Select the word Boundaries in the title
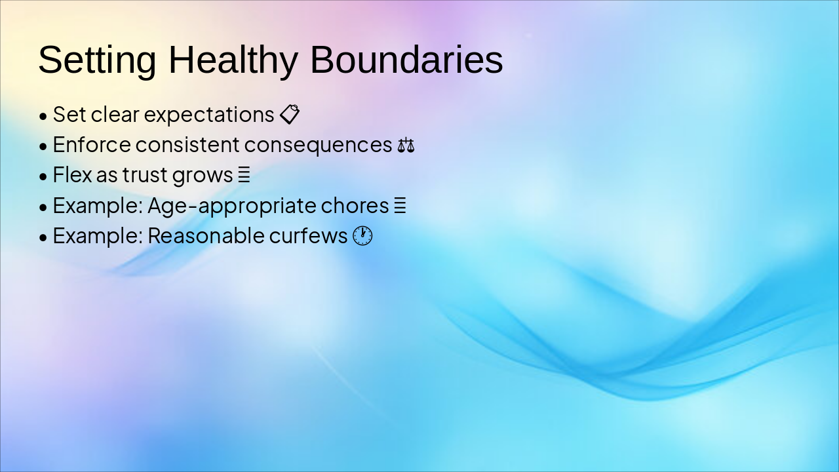406,60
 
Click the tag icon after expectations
290,114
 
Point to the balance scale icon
406,145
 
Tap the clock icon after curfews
362,235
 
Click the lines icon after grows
244,175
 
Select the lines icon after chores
400,205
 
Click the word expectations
209,115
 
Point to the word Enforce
92,145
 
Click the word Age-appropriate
232,206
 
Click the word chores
355,206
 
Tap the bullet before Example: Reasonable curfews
43,237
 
